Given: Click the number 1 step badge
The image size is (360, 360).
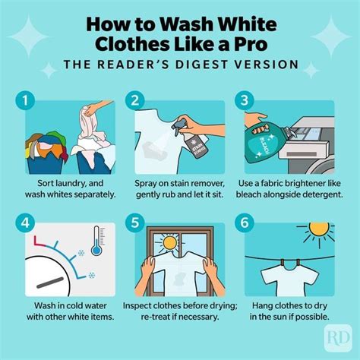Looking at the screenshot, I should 27,99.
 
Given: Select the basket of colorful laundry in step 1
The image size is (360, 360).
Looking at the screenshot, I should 46,148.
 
